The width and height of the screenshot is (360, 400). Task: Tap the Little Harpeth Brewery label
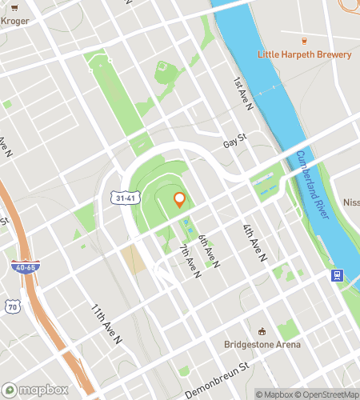[x=304, y=54]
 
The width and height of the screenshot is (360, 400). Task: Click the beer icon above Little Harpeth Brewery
[x=304, y=40]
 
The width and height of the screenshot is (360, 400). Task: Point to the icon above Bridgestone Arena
[x=262, y=331]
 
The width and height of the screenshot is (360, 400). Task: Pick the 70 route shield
[x=11, y=306]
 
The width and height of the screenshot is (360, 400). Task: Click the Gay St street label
[x=234, y=139]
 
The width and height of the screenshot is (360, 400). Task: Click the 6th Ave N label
[x=209, y=250]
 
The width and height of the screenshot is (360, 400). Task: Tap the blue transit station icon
[x=337, y=276]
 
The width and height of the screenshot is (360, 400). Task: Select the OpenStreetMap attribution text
[x=325, y=394]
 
